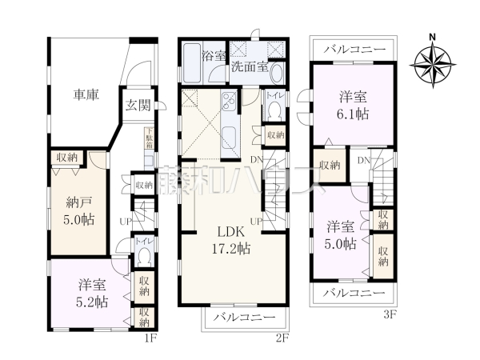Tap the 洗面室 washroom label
point(250,67)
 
